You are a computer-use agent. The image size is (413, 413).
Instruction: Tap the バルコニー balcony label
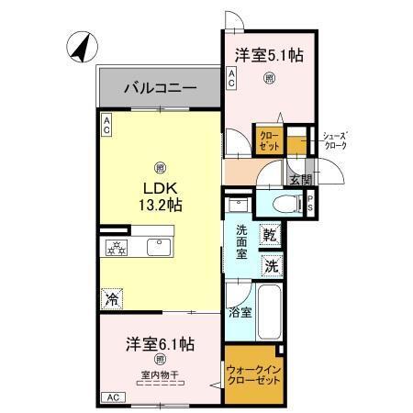(160, 90)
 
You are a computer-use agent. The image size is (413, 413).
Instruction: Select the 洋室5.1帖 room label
(269, 55)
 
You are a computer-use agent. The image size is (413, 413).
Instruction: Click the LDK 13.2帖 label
(160, 195)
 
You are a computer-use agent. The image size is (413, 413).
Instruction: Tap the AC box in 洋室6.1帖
(112, 397)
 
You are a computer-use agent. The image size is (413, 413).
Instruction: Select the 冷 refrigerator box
(112, 299)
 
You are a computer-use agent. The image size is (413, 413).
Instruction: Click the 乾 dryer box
(270, 235)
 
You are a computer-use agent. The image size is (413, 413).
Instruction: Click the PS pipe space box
(311, 204)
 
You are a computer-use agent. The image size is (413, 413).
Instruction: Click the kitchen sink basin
(153, 247)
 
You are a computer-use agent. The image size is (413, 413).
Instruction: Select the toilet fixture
(285, 204)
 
